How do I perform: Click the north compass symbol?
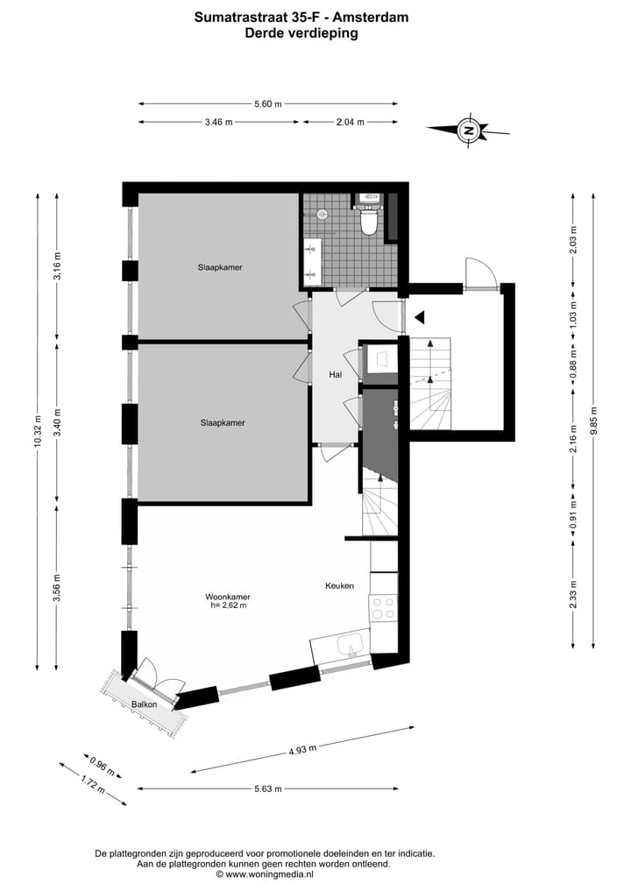coord(469,131)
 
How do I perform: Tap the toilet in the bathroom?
coord(368,221)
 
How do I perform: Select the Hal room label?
coord(335,374)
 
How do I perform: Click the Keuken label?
coord(339,586)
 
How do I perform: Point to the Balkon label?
coord(145,704)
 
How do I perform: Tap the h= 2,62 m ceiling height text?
coord(229,605)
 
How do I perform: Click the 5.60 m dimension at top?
coord(268,104)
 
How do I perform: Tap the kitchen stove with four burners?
coord(383,608)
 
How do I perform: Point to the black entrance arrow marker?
coord(420,316)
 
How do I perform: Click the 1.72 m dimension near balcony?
coord(88,781)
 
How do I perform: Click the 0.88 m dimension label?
coord(572,371)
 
